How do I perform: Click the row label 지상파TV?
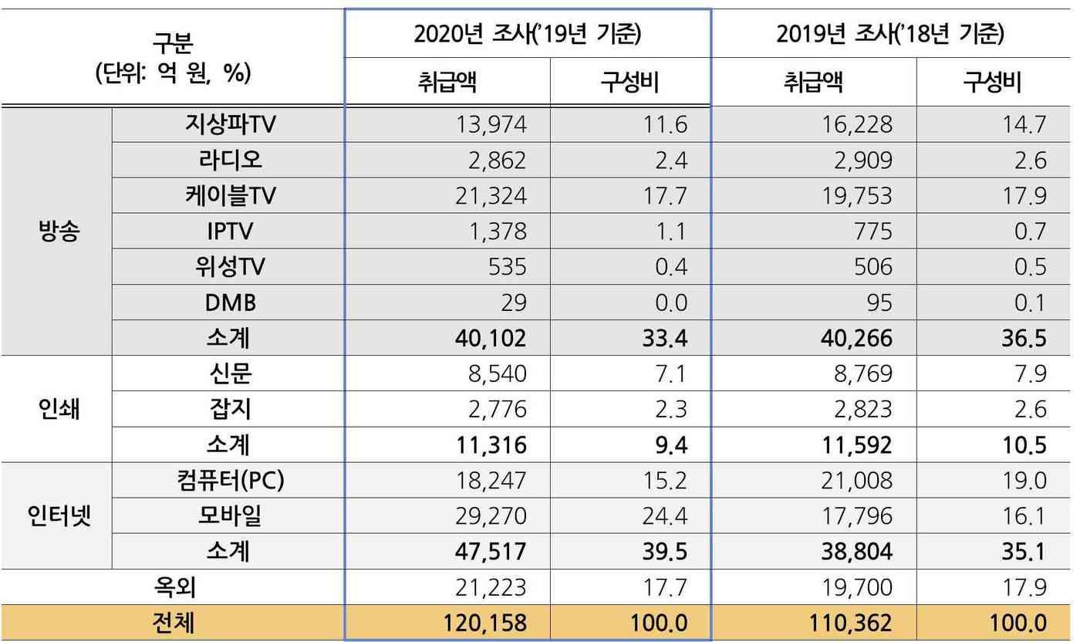point(229,124)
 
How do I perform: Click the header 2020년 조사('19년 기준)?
point(528,34)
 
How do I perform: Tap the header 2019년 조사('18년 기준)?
point(892,34)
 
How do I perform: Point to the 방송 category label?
point(58,231)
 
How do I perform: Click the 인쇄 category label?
point(58,409)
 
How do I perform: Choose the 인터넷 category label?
point(58,515)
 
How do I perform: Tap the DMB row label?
point(229,302)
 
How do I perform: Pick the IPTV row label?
point(229,231)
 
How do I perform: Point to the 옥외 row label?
point(174,587)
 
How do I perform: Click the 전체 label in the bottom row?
point(174,623)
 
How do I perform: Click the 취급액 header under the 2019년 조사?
point(813,82)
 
